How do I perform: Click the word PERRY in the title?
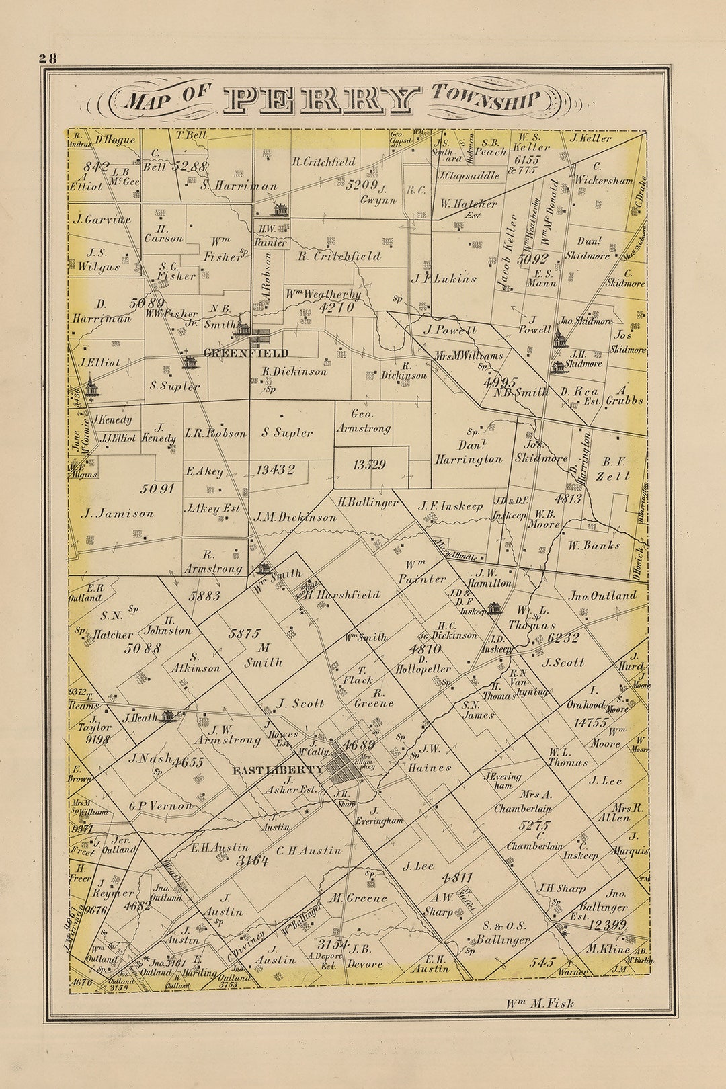[321, 99]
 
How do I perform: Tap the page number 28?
[47, 58]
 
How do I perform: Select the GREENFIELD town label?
[245, 353]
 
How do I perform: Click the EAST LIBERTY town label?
[278, 770]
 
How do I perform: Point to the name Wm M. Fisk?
[540, 1004]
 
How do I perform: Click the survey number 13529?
[369, 465]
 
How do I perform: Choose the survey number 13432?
[275, 470]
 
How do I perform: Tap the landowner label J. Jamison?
[118, 514]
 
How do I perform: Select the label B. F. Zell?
[614, 469]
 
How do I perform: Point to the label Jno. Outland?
[602, 596]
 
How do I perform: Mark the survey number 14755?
[591, 722]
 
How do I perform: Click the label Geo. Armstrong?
[362, 421]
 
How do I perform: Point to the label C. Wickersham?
[603, 173]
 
